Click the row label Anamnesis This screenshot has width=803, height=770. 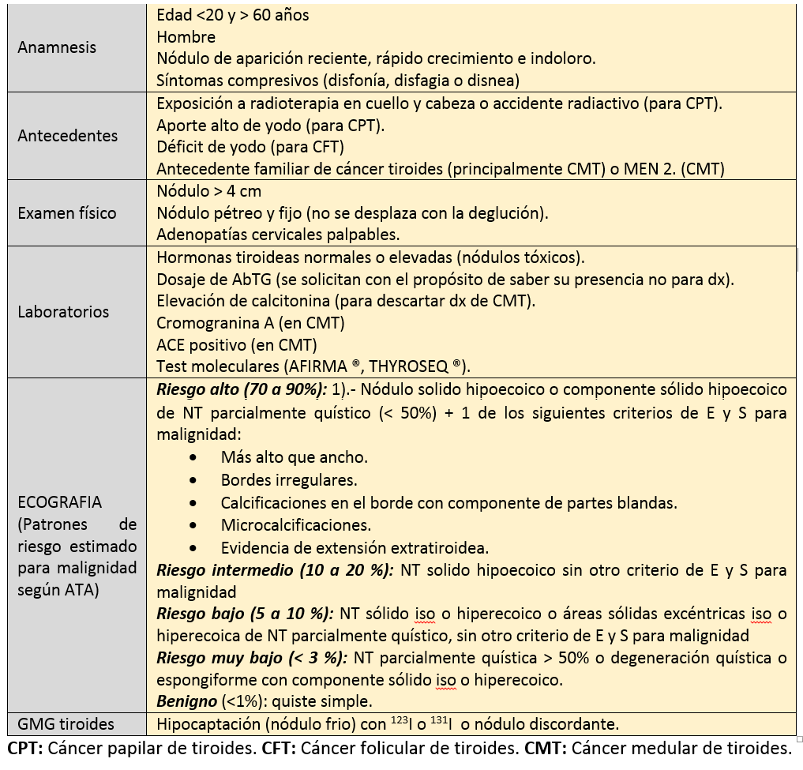(x=57, y=47)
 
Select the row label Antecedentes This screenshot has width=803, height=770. (x=67, y=136)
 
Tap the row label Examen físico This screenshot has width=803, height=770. (x=67, y=212)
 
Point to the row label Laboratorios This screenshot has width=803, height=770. (x=63, y=311)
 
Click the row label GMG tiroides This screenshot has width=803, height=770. (x=66, y=723)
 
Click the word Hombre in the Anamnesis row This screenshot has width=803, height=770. (x=186, y=36)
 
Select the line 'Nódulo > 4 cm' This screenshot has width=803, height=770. (x=208, y=191)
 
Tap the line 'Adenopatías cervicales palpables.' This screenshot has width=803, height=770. (x=278, y=235)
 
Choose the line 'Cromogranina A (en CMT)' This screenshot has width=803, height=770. (x=250, y=323)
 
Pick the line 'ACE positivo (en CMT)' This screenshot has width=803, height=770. (x=236, y=344)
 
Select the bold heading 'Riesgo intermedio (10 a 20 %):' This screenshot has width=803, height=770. (x=275, y=570)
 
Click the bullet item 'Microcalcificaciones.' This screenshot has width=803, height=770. (x=296, y=525)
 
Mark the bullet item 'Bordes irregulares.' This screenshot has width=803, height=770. (x=289, y=480)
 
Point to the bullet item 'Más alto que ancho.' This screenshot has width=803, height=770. (x=295, y=457)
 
